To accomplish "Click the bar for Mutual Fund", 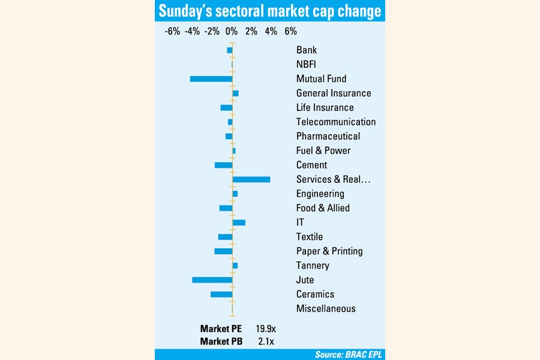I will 211,79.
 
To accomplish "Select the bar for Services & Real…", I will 251,179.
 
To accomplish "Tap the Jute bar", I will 212,280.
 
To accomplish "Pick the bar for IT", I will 239,223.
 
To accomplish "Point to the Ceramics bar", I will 221,294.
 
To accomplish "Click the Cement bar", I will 224,165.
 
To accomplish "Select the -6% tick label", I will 172,31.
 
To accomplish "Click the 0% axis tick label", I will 232,31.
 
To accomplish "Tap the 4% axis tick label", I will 271,31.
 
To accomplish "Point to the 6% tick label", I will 290,31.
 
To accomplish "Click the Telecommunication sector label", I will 336,122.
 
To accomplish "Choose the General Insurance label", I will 334,93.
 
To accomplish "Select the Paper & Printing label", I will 329,251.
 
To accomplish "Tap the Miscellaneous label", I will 326,308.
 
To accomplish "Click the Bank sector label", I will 307,50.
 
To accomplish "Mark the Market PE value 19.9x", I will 265,329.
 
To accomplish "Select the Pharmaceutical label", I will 328,136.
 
